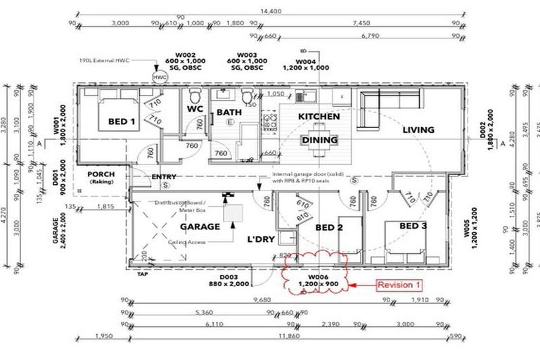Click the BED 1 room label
coord(122,122)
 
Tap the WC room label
coord(194,111)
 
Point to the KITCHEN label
coord(319,116)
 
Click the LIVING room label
coord(418,129)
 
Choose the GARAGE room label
coord(200,227)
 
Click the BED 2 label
coord(328,228)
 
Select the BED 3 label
coord(413,226)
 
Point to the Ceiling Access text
coord(187,241)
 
